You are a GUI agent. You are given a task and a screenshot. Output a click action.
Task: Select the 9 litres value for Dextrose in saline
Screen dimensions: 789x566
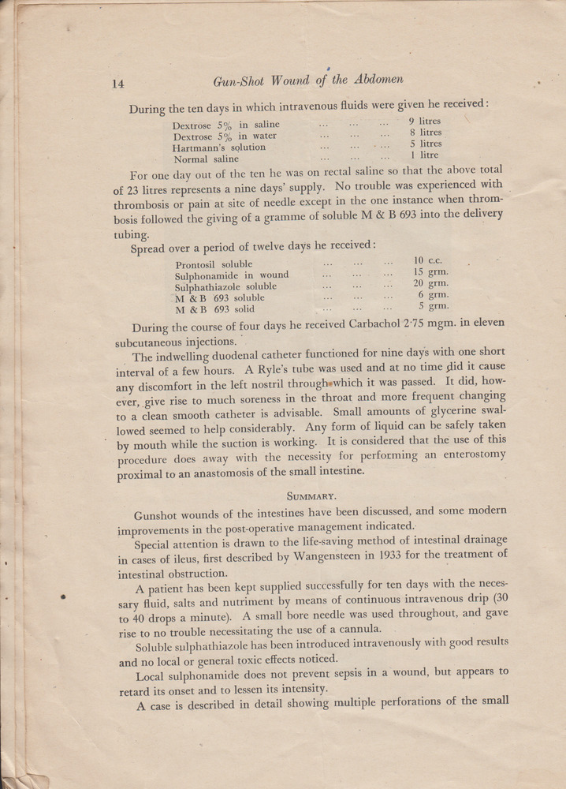click(425, 122)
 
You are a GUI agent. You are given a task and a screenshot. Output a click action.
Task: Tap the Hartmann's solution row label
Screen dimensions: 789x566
click(219, 147)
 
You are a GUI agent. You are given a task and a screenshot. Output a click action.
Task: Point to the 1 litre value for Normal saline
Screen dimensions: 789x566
click(424, 155)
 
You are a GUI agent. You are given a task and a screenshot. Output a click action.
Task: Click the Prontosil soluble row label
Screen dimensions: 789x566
click(214, 264)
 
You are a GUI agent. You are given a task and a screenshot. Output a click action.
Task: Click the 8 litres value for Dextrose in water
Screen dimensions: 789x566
click(425, 133)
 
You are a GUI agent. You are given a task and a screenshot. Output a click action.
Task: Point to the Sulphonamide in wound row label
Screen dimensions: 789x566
click(232, 275)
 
